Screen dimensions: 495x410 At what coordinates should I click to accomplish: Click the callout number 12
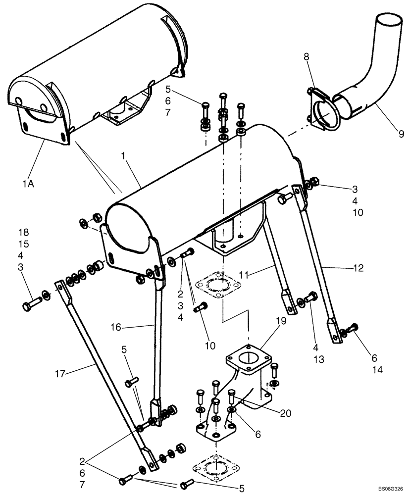tap(358, 268)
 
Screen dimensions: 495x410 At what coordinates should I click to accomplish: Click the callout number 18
tap(23, 232)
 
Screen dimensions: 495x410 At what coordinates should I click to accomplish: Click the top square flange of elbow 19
tap(249, 355)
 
